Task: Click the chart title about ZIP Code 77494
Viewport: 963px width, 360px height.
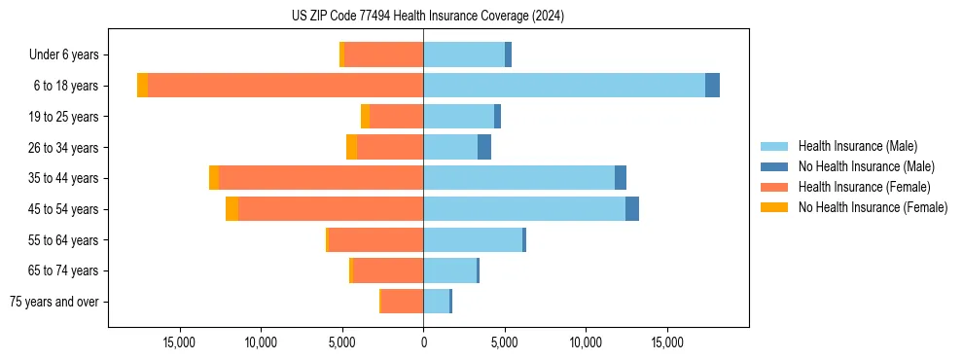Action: point(427,17)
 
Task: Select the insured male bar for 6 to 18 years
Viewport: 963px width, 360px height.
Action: point(564,86)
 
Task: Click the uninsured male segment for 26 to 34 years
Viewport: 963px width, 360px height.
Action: point(484,147)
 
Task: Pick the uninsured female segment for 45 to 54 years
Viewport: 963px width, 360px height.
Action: point(232,209)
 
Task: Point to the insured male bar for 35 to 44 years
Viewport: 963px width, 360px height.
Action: point(518,178)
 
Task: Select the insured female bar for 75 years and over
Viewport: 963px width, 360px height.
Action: point(402,302)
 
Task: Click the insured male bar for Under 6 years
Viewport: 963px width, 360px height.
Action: point(464,54)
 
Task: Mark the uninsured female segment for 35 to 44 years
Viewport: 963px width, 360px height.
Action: point(214,178)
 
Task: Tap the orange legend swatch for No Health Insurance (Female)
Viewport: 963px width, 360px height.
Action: point(774,207)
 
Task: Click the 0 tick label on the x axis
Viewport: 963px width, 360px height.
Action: point(423,342)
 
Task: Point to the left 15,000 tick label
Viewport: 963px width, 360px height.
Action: point(180,342)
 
